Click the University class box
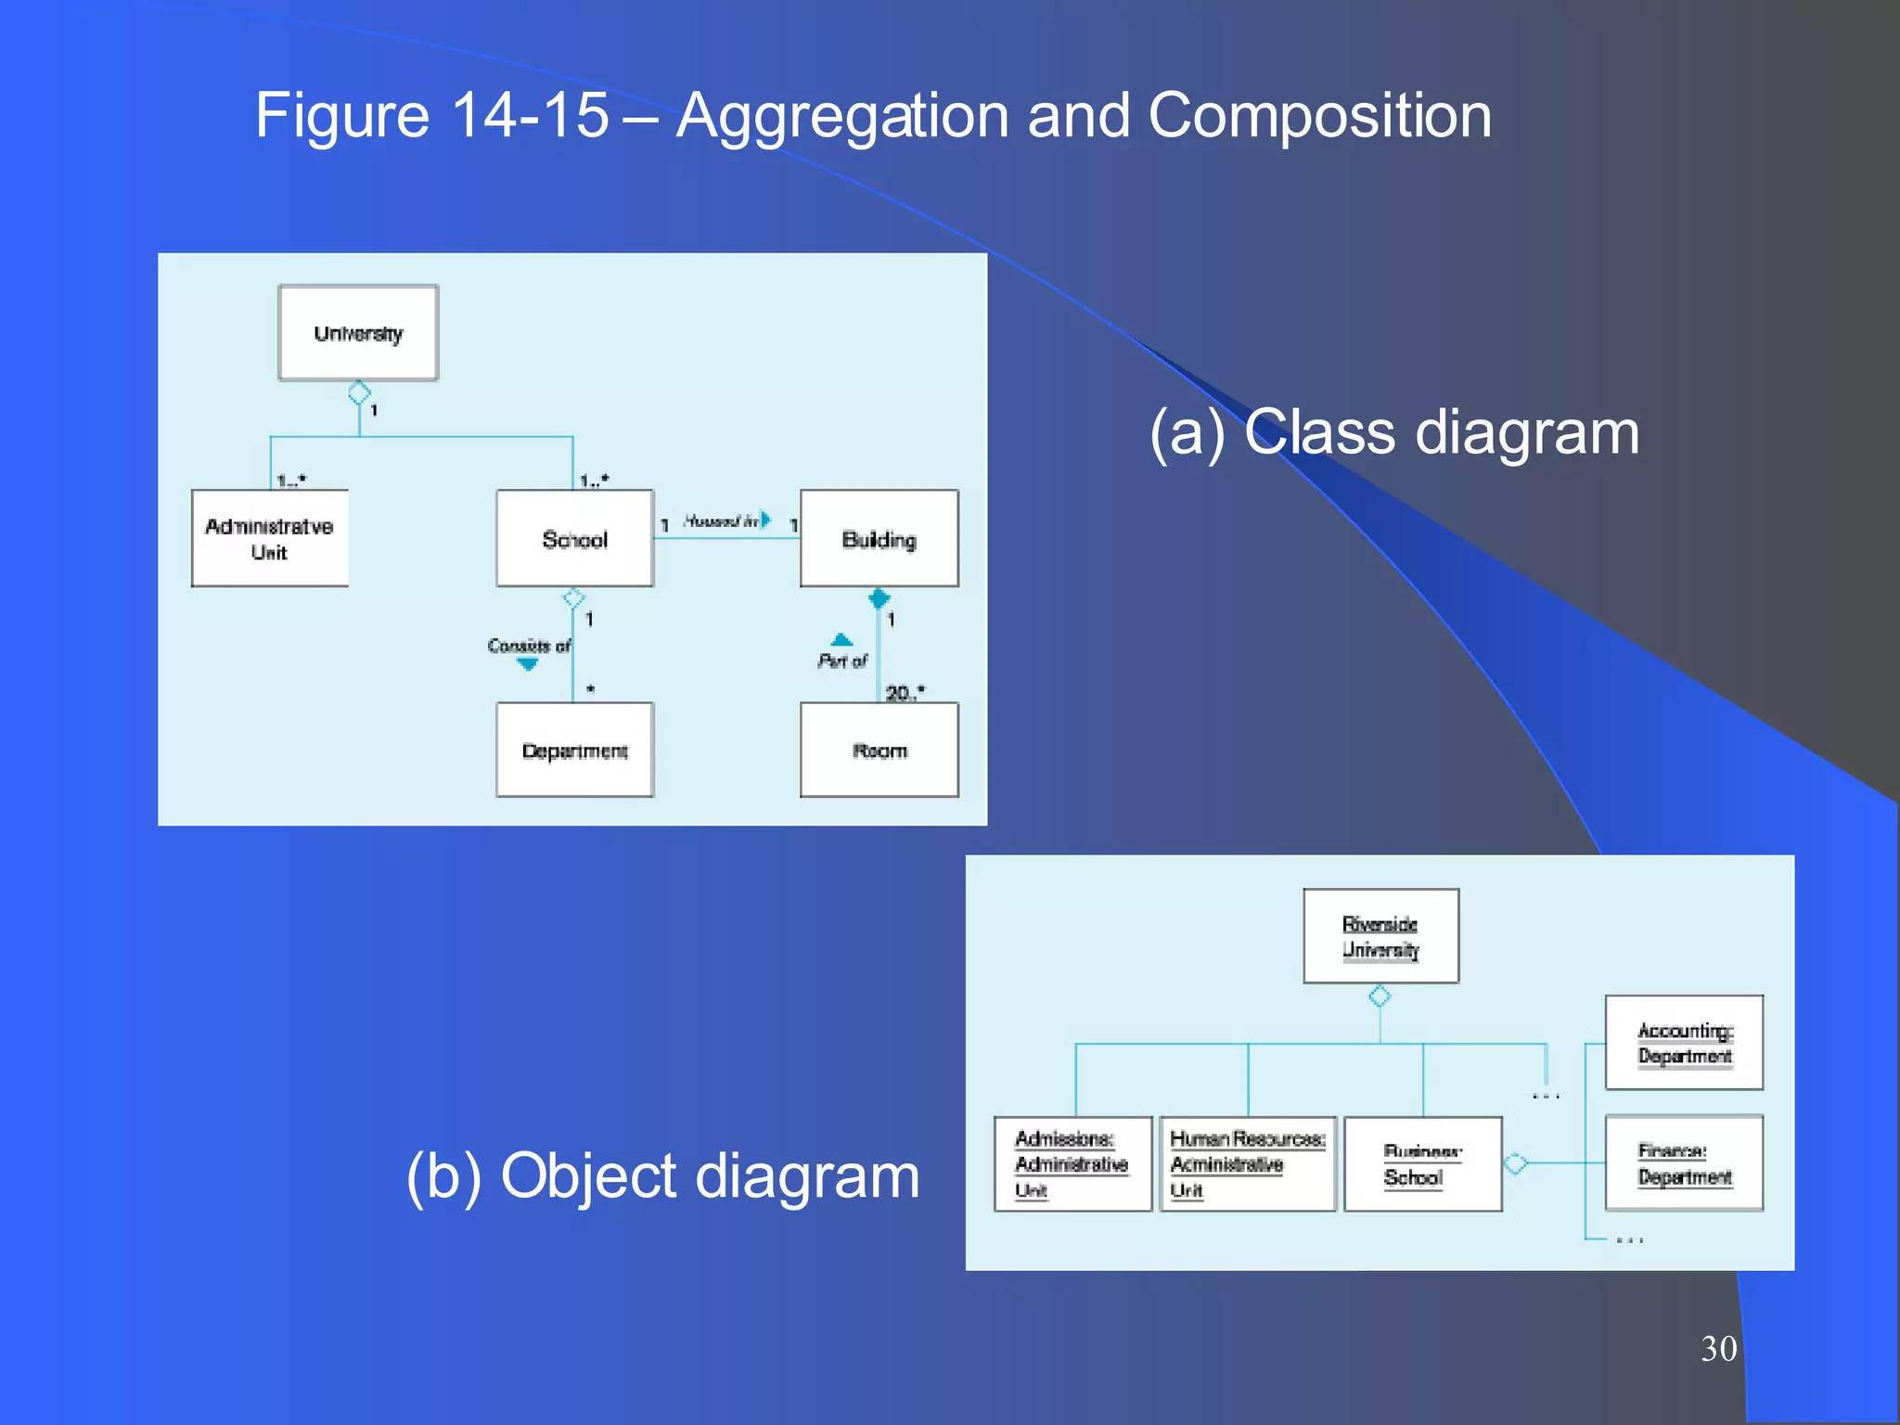[358, 333]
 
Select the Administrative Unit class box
[270, 539]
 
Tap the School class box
[574, 539]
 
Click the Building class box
[879, 539]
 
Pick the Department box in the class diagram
[574, 750]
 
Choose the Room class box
[879, 750]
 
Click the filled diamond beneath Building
[879, 598]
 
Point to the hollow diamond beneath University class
[359, 392]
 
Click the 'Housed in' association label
[722, 520]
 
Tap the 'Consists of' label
[529, 646]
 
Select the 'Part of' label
[841, 661]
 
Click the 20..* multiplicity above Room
[905, 692]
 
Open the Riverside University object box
[1380, 936]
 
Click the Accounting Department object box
[1684, 1043]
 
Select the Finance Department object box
[1684, 1163]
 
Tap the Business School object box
[1422, 1164]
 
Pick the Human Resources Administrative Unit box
[1247, 1164]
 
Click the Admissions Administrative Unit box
[1072, 1164]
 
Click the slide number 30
[1718, 1348]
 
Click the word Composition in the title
[1319, 116]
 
